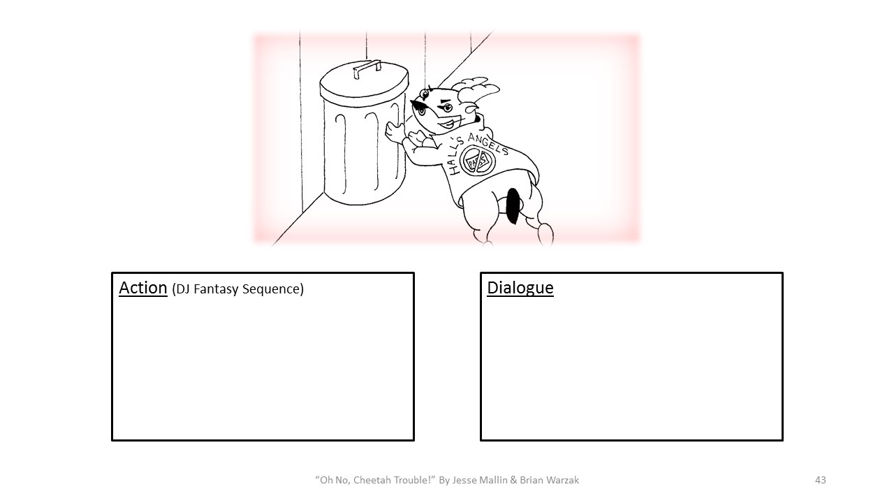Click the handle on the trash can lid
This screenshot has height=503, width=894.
click(367, 68)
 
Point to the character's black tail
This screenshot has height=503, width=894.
click(513, 205)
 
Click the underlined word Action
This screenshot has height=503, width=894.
click(143, 288)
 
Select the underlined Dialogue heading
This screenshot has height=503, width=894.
click(520, 288)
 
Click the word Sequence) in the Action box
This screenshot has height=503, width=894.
click(273, 289)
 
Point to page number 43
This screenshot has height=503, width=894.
click(820, 480)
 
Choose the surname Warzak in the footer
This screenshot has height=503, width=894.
click(561, 480)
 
